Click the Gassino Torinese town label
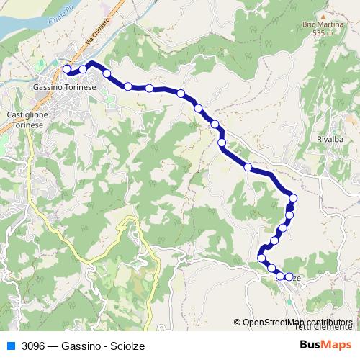point(65,86)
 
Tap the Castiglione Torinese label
point(26,120)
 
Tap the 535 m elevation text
point(323,33)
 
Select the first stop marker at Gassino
point(67,69)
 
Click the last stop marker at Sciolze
point(289,277)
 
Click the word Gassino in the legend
point(81,346)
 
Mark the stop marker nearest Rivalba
point(293,197)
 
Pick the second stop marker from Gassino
point(83,69)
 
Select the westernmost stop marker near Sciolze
point(261,258)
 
